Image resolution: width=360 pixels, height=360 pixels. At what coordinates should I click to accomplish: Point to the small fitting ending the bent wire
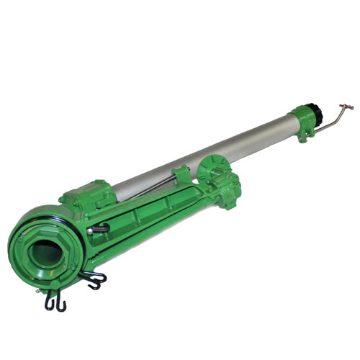350,107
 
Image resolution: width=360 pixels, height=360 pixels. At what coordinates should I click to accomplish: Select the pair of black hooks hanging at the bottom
55,300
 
